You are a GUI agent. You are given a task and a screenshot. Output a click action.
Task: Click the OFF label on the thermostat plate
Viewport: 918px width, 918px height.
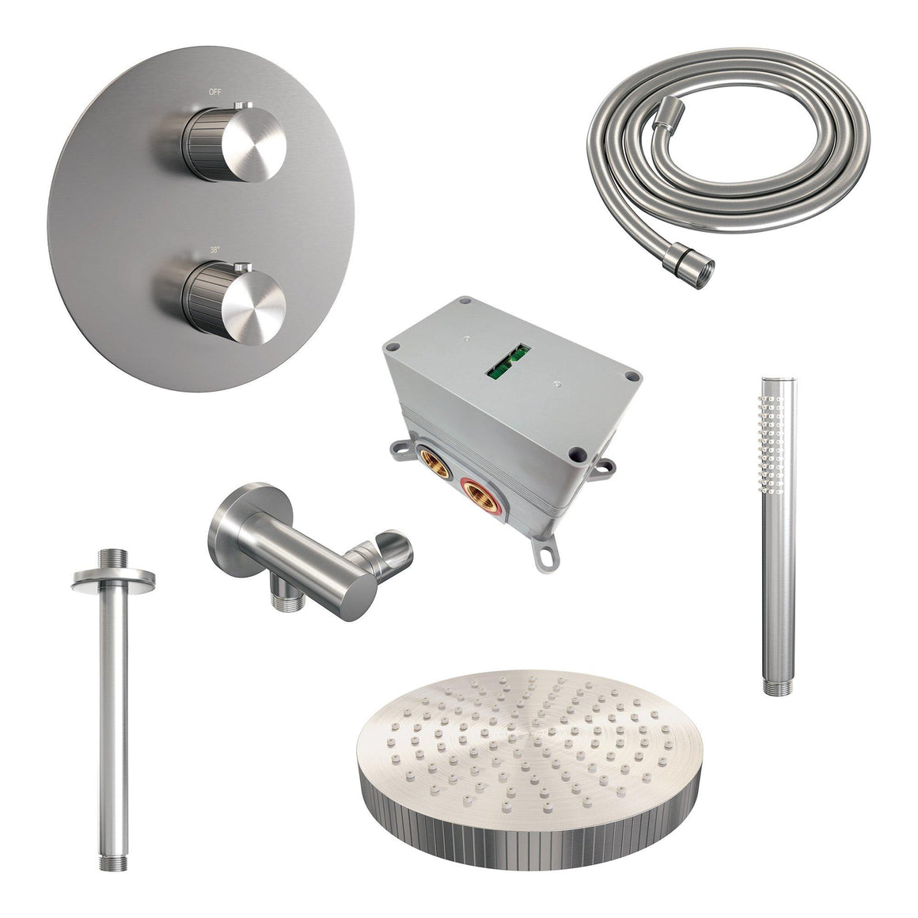click(x=215, y=92)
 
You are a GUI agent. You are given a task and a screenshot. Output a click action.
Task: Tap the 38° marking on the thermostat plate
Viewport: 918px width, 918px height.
click(x=215, y=249)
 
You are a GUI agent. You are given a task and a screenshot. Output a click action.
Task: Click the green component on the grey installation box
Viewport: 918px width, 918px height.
click(x=509, y=359)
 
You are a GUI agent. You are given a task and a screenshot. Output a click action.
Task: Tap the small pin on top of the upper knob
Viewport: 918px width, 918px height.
click(x=244, y=106)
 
